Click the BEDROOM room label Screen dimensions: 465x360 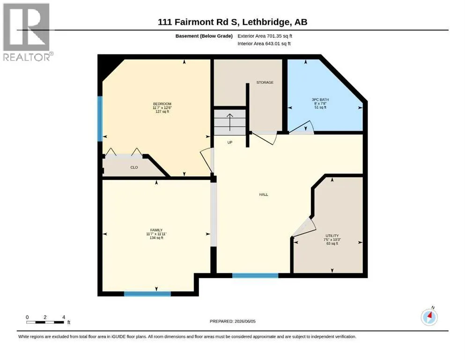pos(162,104)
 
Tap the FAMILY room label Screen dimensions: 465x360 pos(156,230)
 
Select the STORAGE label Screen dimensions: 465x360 pos(265,82)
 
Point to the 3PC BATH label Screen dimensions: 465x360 pos(320,100)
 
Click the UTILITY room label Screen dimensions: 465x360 pos(332,236)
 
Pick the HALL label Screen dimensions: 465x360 pos(264,195)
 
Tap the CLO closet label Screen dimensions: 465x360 pos(134,167)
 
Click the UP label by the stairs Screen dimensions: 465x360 pos(230,142)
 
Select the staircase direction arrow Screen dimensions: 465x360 pos(230,122)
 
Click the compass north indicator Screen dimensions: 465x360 pos(429,317)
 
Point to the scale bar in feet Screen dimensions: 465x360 pos(45,320)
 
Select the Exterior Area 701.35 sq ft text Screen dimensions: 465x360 pos(265,36)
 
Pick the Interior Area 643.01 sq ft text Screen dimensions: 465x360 pos(264,44)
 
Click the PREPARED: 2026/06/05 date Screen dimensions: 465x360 pos(232,321)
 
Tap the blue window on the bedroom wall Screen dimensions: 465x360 pos(100,119)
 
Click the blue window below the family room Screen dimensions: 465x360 pos(148,294)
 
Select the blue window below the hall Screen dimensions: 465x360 pos(255,276)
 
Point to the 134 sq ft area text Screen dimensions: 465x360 pos(156,238)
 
